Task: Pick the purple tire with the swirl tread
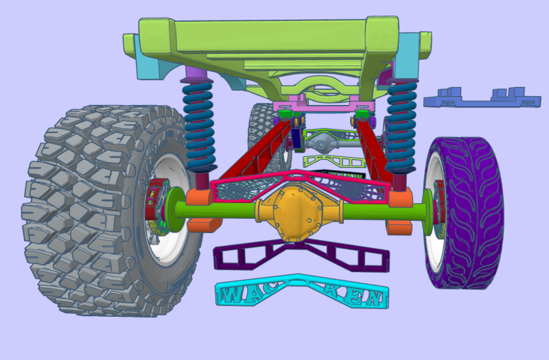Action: (474, 213)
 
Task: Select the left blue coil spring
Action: (200, 123)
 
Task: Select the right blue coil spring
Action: (401, 127)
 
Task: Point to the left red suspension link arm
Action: (247, 154)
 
